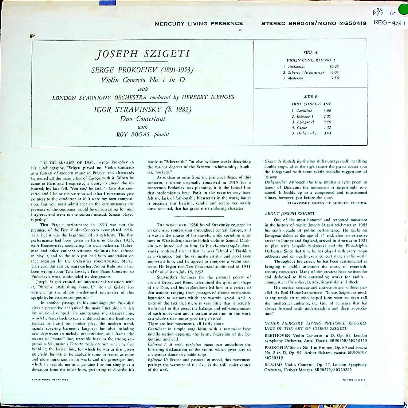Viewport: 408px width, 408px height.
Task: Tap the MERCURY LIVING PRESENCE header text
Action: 199,24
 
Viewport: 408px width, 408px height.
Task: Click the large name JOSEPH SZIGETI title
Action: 142,55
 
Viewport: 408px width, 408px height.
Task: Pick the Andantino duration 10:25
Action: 334,67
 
